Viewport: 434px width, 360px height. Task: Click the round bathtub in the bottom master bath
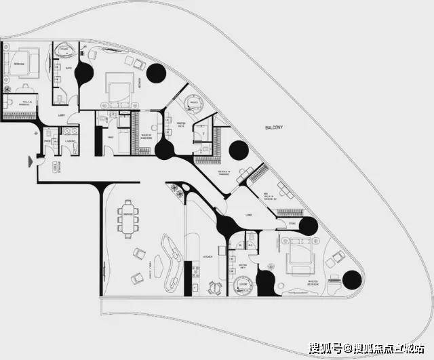[x=241, y=287]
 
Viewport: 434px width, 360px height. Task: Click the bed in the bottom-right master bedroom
[x=298, y=259]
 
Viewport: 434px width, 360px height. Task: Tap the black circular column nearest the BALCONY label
[x=237, y=150]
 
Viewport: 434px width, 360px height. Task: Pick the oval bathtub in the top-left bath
[x=66, y=49]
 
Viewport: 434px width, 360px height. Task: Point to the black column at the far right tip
[x=353, y=279]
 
